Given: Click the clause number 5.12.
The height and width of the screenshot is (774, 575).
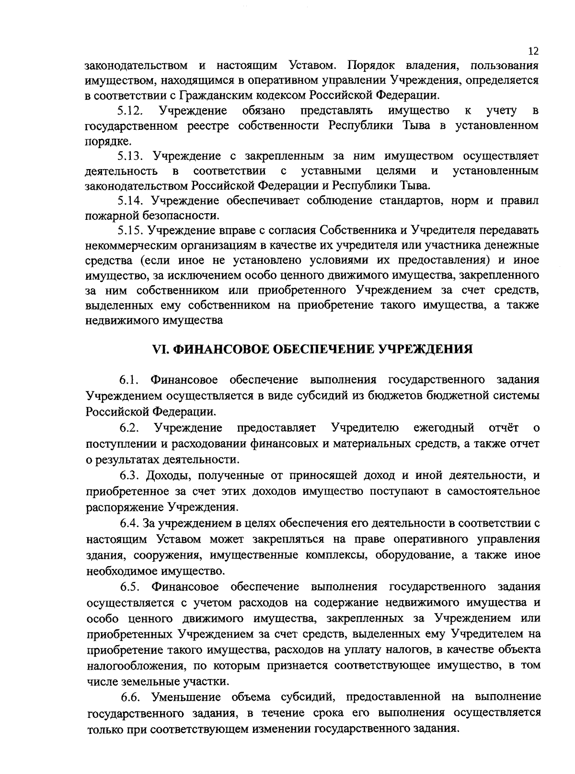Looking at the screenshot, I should pos(130,111).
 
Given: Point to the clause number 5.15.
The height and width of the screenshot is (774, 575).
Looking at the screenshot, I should pos(130,230).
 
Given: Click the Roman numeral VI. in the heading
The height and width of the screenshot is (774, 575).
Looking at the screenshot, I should pos(161,349).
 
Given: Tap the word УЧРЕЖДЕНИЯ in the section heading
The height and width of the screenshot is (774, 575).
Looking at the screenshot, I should pos(425,349).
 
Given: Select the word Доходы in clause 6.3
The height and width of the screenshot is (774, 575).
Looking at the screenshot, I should pos(168,475).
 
